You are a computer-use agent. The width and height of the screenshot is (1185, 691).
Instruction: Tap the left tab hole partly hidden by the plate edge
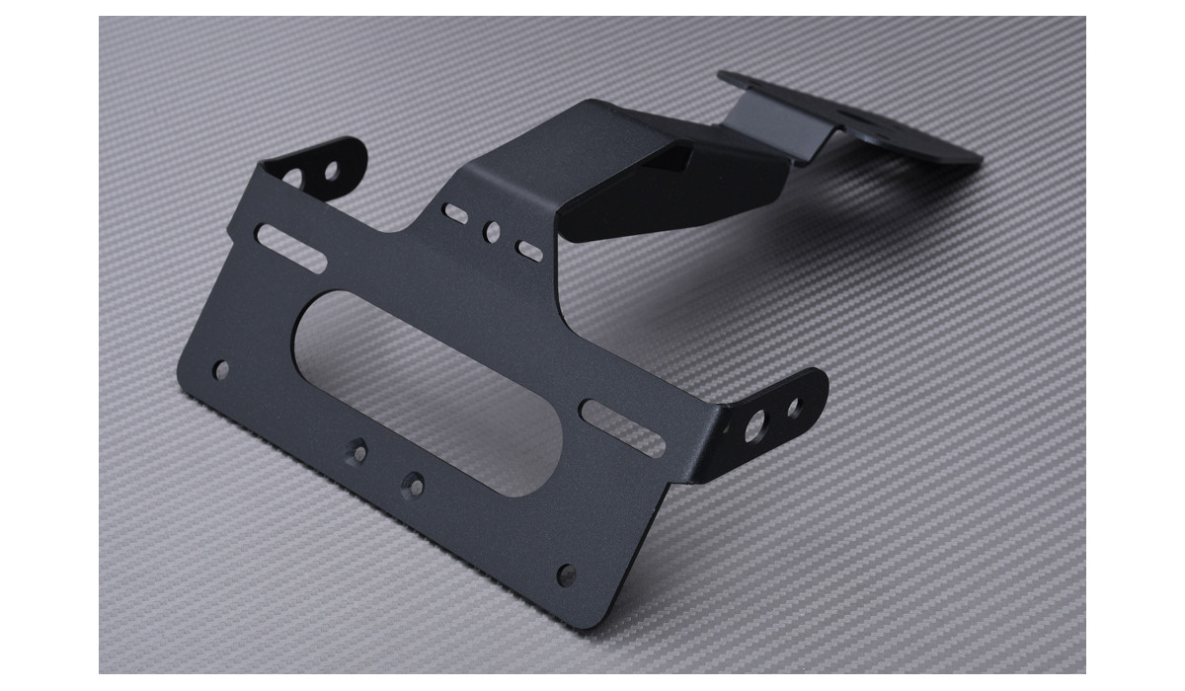(x=293, y=179)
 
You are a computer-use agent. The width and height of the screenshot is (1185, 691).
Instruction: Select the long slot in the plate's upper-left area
(x=290, y=248)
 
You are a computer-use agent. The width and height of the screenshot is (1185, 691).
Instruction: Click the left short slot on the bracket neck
(x=455, y=212)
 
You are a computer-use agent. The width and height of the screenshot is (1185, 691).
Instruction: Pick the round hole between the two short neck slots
(x=491, y=232)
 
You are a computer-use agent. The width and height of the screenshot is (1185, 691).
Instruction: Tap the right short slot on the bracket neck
(x=529, y=251)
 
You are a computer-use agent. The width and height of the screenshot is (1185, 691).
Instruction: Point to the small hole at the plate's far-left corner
(x=221, y=370)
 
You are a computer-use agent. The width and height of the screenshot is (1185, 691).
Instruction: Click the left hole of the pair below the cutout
(x=357, y=452)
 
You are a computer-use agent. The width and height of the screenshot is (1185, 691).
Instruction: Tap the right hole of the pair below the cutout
(x=413, y=485)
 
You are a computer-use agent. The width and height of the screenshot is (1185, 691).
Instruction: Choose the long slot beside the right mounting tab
(x=622, y=426)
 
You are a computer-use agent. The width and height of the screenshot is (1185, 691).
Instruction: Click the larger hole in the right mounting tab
(x=755, y=427)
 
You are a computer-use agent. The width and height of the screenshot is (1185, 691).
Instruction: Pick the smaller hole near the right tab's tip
(x=794, y=405)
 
